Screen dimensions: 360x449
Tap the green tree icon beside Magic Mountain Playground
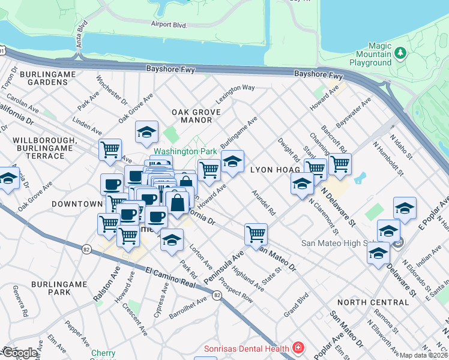[402, 54]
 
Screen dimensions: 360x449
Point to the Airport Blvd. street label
[170, 25]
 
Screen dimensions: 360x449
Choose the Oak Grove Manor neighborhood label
[192, 116]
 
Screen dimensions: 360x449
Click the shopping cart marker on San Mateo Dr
[256, 233]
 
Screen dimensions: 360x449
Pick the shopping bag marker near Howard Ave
[178, 202]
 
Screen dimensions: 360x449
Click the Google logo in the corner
[20, 353]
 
